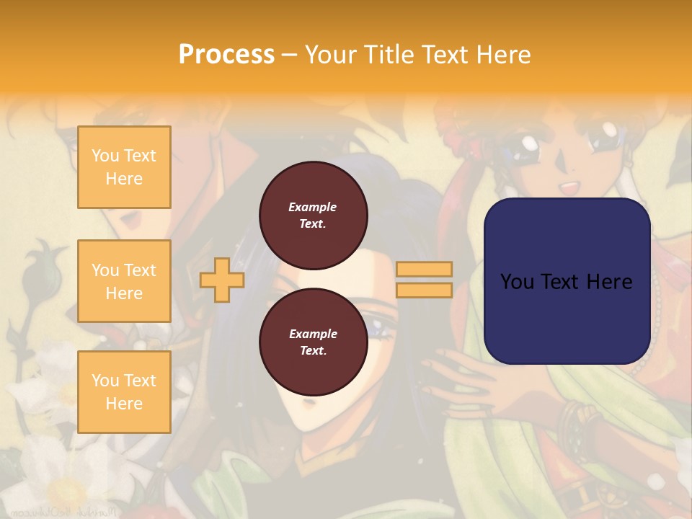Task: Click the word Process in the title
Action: point(226,54)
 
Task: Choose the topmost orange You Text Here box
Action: point(124,167)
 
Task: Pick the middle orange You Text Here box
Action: point(124,281)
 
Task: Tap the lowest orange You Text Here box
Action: point(124,391)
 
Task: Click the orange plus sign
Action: point(222,280)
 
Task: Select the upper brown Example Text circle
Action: point(313,216)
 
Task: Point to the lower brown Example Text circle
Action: point(313,342)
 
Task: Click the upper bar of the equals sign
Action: point(424,270)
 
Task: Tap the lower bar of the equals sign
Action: point(424,290)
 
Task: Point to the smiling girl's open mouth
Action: point(569,189)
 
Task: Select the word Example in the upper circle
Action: point(313,207)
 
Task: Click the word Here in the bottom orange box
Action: point(124,404)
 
